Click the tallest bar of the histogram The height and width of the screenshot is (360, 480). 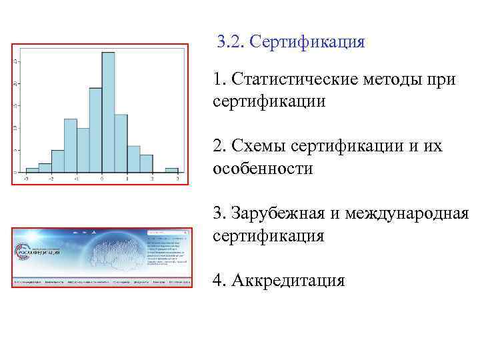pos(108,113)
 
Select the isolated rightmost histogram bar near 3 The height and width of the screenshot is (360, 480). pos(171,170)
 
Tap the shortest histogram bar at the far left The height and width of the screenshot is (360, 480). pos(32,170)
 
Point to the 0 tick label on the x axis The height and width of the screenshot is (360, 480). pos(102,179)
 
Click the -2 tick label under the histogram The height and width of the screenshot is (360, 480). pos(51,179)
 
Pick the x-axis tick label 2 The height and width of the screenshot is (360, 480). pos(153,179)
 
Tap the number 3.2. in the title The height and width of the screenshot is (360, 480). pos(231,42)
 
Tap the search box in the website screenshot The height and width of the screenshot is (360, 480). pos(167,237)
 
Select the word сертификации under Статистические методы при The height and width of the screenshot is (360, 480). pos(269,102)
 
